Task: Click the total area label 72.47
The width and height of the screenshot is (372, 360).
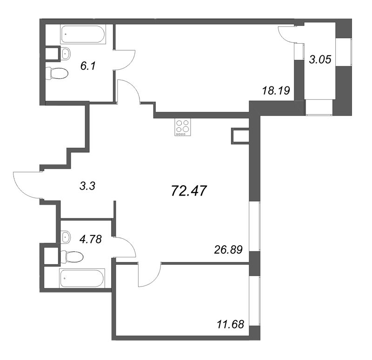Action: (189, 191)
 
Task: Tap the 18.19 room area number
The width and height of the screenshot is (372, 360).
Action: (276, 91)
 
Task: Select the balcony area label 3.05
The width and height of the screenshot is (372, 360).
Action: (320, 59)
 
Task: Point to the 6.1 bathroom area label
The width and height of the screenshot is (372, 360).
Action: (88, 65)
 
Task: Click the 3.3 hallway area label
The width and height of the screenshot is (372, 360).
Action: (87, 186)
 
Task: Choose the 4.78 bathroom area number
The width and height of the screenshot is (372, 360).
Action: (91, 239)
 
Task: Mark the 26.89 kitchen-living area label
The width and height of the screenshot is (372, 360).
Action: (228, 249)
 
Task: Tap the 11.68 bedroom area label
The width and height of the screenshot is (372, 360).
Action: (230, 324)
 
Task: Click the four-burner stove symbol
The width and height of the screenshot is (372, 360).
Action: (183, 127)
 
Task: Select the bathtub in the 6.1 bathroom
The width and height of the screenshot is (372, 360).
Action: (83, 34)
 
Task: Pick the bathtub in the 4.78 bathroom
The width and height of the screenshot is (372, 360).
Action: (82, 278)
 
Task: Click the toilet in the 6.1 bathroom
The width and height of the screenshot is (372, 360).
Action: (57, 73)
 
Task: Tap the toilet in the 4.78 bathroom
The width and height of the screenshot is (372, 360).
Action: (72, 257)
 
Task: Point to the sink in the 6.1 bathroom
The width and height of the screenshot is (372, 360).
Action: (66, 53)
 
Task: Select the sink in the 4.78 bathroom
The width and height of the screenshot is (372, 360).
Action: (65, 237)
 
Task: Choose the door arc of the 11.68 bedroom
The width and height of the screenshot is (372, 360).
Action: (154, 281)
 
